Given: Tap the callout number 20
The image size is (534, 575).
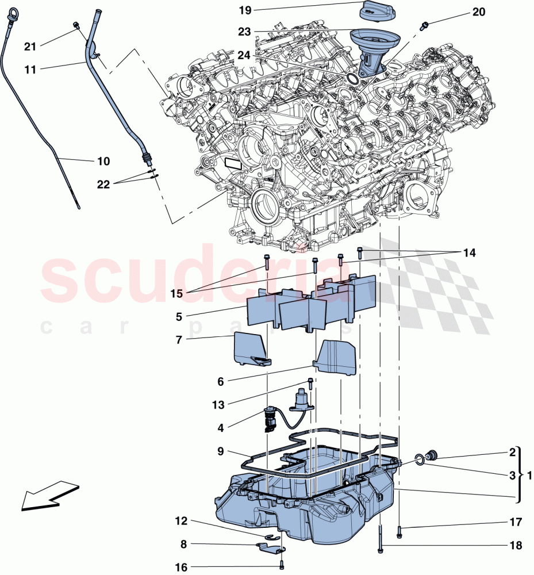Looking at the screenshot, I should pos(478,11).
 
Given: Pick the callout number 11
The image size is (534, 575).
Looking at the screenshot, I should pos(30,69).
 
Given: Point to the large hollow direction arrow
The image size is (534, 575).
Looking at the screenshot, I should pos(49,496).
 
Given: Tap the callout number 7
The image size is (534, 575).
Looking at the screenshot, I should pos(179,340).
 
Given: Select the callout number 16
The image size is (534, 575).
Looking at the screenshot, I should pos(181,568).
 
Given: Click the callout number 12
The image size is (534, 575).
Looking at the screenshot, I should pos(181,522).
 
